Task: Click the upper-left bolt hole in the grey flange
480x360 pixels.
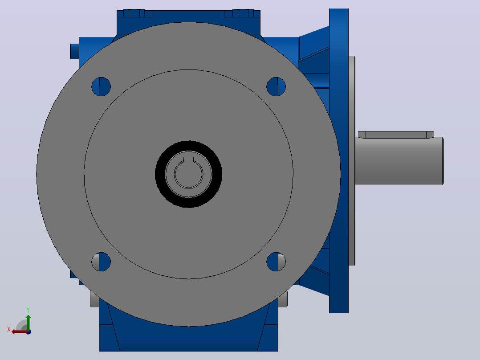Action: (x=101, y=87)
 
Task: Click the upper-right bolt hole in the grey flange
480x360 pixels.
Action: (x=276, y=87)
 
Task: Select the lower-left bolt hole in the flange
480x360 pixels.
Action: (x=101, y=262)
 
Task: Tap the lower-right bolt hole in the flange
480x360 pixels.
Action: (x=276, y=262)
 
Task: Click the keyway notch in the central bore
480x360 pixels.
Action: (x=189, y=160)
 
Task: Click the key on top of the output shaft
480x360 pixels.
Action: (x=396, y=135)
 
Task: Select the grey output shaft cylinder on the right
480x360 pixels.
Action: (x=399, y=161)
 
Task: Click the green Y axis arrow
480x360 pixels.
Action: (x=28, y=323)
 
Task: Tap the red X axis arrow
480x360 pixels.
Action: (x=20, y=332)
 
